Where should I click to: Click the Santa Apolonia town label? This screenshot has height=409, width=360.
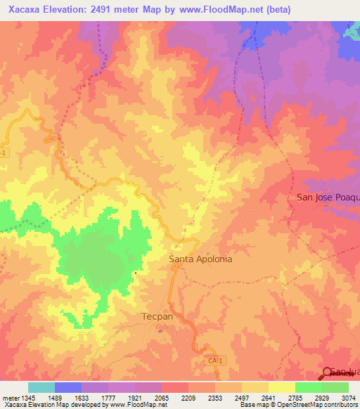[x=200, y=259]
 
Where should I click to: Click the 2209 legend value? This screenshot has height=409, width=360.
[x=188, y=398]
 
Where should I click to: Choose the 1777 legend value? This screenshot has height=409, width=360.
[x=108, y=398]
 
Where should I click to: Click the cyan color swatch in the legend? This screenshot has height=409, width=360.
[x=41, y=387]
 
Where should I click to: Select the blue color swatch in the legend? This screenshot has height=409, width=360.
[x=68, y=387]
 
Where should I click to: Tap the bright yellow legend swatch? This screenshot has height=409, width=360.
[x=282, y=387]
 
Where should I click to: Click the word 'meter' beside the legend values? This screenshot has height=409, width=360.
[x=9, y=398]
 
